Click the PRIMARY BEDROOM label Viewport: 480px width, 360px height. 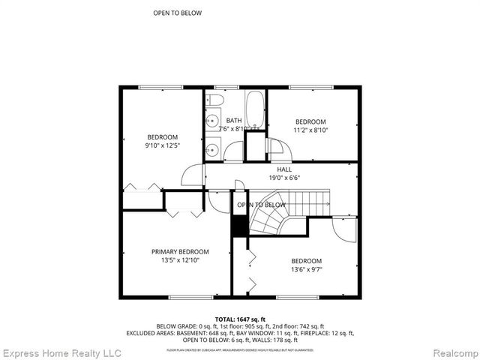180,251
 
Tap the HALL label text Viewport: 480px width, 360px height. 284,170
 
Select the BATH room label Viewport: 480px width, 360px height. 234,121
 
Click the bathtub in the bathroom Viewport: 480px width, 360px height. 255,110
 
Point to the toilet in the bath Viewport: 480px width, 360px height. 215,100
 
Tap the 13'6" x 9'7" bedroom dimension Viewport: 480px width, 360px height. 306,270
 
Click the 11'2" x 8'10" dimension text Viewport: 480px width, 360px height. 310,130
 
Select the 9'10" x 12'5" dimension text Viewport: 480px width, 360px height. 162,145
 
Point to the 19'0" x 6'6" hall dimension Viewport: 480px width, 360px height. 284,179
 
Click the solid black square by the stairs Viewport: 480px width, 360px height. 239,226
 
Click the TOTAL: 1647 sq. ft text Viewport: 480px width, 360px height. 240,319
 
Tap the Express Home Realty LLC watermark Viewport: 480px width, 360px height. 61,352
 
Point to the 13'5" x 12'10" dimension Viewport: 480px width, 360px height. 180,260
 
